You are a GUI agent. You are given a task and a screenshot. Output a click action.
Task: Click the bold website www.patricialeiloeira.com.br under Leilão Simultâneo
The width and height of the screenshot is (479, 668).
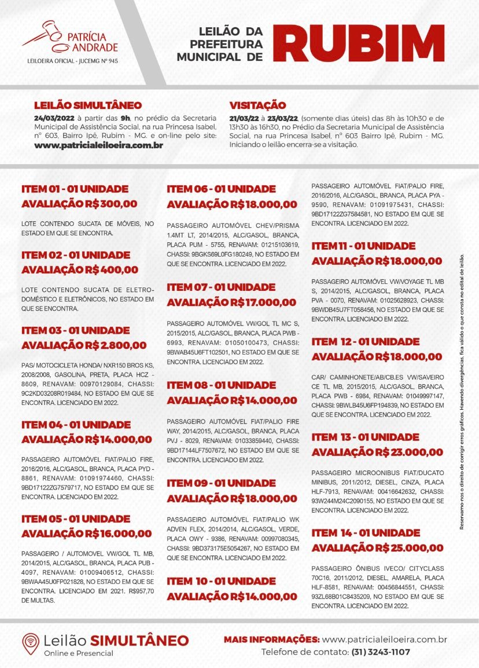coord(98,145)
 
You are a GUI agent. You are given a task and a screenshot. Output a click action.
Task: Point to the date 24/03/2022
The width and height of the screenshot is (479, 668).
coord(56,118)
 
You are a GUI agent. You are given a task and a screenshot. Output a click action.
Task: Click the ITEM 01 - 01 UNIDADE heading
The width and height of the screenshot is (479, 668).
coord(75,189)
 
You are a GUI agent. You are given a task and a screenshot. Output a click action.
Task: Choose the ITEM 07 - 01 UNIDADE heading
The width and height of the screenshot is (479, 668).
coord(221,287)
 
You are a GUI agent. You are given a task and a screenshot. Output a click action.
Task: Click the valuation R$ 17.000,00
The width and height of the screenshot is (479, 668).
coord(263,302)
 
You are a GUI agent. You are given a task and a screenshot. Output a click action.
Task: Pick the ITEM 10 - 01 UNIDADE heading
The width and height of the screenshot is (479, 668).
coord(221,581)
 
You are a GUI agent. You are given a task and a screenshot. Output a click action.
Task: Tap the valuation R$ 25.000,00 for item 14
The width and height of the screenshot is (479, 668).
coord(408,547)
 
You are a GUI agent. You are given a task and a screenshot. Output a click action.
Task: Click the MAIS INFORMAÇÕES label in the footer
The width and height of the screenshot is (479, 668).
coord(271,640)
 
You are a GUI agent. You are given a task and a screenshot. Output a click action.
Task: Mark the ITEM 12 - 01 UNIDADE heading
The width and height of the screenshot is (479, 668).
coord(366,342)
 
